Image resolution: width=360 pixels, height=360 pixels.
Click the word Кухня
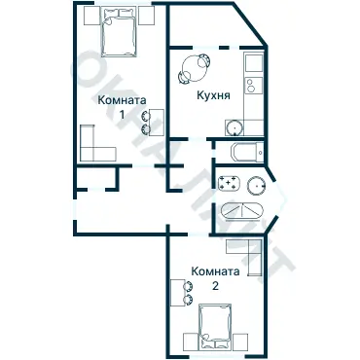213,95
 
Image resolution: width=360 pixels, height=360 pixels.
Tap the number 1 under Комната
122,115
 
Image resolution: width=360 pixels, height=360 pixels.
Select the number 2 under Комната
215,286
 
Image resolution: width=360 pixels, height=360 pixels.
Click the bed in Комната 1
119,32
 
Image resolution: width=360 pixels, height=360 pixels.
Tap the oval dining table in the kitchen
194,68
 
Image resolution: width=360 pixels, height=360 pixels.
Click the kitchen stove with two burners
254,86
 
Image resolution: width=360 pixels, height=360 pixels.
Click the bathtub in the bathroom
242,211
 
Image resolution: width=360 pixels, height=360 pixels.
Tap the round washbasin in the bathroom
257,186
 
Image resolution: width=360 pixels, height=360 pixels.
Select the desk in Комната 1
157,123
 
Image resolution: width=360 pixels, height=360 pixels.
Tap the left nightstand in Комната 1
91,16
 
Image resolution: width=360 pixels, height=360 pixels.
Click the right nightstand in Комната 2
240,342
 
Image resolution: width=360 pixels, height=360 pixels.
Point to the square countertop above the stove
254,63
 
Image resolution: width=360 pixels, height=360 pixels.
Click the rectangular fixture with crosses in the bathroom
230,183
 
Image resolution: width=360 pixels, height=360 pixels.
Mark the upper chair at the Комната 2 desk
188,287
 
